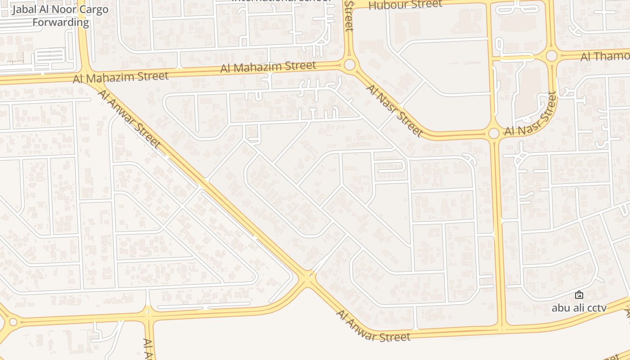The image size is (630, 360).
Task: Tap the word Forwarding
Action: coord(61,22)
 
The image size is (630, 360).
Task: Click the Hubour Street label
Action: coord(405,5)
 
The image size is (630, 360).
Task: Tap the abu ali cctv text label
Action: coord(579,308)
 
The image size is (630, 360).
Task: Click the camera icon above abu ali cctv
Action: coord(579,295)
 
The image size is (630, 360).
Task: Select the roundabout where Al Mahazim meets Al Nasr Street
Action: coord(350,65)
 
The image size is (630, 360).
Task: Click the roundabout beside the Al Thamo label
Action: coord(552,56)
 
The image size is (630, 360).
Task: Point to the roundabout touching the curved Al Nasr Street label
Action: coord(494,133)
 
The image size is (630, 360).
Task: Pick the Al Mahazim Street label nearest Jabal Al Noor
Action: coord(121,77)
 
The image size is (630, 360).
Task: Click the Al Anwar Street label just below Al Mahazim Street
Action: coord(129,119)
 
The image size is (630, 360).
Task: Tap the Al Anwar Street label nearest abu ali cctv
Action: coord(373,328)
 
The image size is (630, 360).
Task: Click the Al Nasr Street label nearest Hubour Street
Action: coord(394,109)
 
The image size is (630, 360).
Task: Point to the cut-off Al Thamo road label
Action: coord(605,56)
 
